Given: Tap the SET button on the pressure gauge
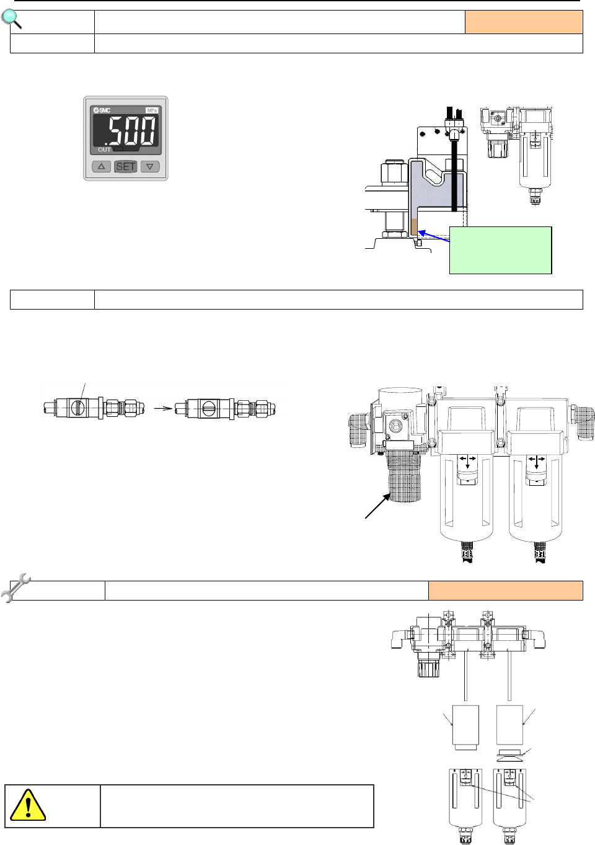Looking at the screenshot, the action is click(125, 166).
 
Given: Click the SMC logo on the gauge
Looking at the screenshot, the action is click(102, 110).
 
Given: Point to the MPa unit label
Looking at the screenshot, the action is click(152, 110).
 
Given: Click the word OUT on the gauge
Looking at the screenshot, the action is click(104, 150).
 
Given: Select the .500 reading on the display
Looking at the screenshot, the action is click(130, 131).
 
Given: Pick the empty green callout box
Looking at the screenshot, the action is click(500, 250).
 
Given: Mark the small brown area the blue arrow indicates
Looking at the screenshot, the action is click(415, 227).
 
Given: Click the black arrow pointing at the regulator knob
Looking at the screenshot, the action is click(378, 506).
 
